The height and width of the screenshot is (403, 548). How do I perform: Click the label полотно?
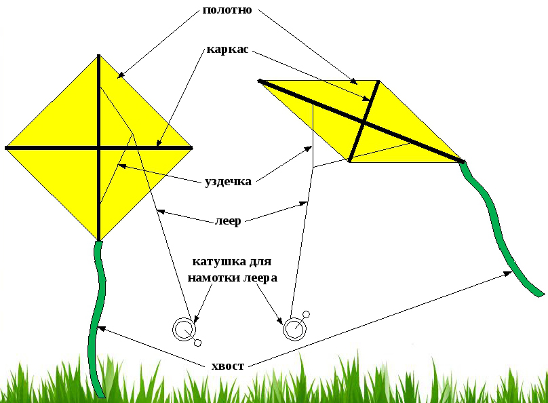[x=227, y=11]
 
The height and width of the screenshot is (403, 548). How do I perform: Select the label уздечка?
[x=228, y=181]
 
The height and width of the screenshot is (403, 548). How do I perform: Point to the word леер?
[x=228, y=220]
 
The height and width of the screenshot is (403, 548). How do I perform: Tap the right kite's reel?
[x=294, y=329]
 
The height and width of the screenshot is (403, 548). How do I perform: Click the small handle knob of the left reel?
[x=198, y=343]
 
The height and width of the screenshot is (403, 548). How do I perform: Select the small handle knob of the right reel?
[x=306, y=314]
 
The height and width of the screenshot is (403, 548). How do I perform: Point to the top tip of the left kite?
[x=99, y=56]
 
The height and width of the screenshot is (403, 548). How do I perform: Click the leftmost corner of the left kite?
[x=6, y=147]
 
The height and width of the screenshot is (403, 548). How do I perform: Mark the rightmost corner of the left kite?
[x=192, y=147]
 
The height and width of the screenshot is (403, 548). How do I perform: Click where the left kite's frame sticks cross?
[x=99, y=147]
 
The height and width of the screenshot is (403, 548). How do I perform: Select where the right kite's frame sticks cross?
[x=364, y=122]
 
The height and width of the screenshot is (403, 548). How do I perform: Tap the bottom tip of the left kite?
[x=99, y=239]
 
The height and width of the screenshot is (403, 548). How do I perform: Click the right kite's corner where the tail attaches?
[x=463, y=161]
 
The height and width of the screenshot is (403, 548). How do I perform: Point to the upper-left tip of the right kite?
[x=260, y=81]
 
